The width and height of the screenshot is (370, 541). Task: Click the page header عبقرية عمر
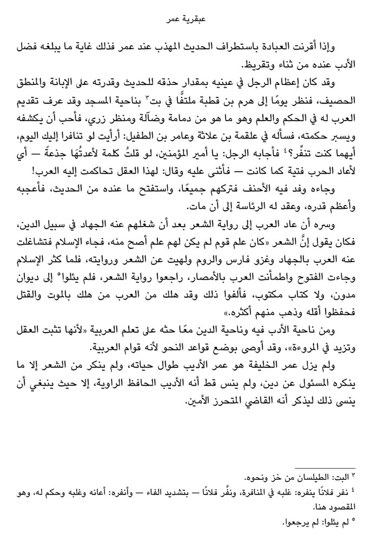click(186, 21)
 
